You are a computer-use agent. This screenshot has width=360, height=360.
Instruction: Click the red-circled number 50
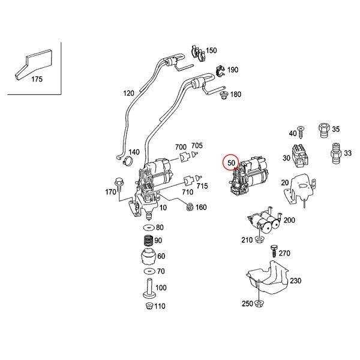click(231, 162)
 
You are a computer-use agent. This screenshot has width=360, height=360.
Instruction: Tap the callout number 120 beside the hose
click(129, 94)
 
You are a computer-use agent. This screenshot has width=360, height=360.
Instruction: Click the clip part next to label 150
click(196, 53)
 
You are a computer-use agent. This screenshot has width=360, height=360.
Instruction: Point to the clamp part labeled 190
click(220, 71)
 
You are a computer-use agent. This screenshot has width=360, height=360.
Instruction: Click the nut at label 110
click(147, 307)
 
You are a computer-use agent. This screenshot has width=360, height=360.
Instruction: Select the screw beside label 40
click(301, 131)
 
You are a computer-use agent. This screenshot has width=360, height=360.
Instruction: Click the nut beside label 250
click(259, 304)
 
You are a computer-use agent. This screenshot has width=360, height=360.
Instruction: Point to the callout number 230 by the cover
click(296, 280)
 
